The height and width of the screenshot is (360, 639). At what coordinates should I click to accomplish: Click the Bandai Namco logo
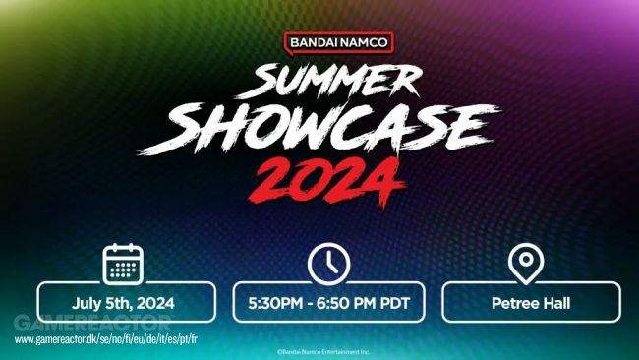pos(339,43)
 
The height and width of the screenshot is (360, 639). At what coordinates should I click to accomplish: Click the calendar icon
pos(124,263)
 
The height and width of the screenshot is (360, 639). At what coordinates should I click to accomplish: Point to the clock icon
pos(328,264)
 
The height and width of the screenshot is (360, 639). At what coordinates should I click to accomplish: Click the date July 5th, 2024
pos(125,303)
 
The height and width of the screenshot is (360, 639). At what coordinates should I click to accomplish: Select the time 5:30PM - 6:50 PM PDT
pos(328,303)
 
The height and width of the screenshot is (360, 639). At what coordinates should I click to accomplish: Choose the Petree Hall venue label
pos(531,303)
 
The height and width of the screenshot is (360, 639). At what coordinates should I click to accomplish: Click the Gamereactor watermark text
pos(92,323)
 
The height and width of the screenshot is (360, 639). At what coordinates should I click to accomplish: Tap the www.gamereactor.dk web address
pos(106,339)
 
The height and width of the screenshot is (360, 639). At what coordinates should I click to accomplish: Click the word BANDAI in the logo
pos(313,43)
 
